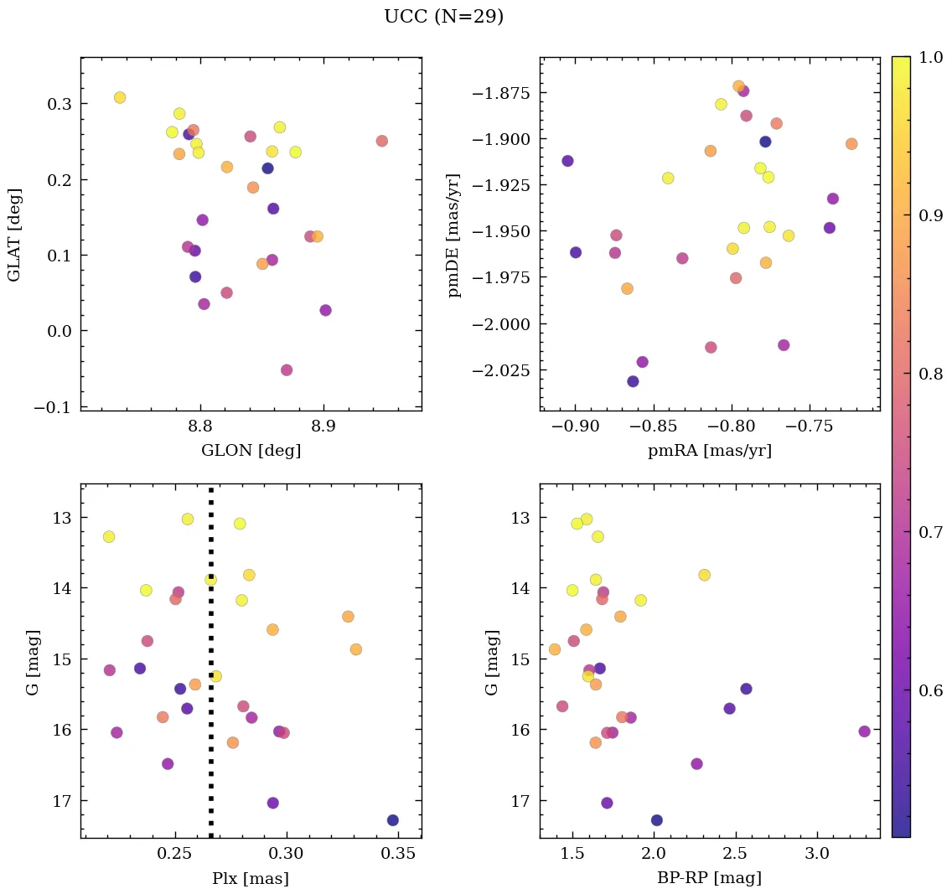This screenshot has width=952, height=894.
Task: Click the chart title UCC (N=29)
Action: [443, 17]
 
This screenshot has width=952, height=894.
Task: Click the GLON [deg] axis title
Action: [251, 450]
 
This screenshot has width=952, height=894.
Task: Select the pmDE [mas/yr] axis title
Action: [454, 234]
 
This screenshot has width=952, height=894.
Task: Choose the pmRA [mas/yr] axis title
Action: [710, 450]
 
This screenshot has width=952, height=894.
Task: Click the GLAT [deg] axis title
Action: [14, 234]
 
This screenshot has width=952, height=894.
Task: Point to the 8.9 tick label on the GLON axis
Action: [323, 426]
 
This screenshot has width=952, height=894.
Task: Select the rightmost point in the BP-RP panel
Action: [864, 731]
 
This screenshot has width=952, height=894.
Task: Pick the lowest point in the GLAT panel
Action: [287, 369]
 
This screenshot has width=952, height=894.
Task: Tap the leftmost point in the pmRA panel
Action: [567, 161]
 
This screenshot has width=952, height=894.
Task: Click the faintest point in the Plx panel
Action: [392, 819]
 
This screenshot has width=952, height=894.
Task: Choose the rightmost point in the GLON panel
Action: [381, 141]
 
